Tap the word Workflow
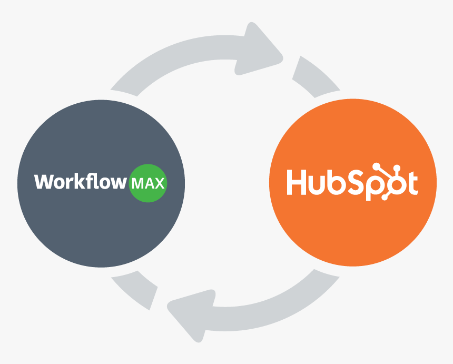point(81,182)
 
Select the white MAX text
point(149,184)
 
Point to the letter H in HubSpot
point(296,182)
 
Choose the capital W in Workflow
point(44,182)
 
